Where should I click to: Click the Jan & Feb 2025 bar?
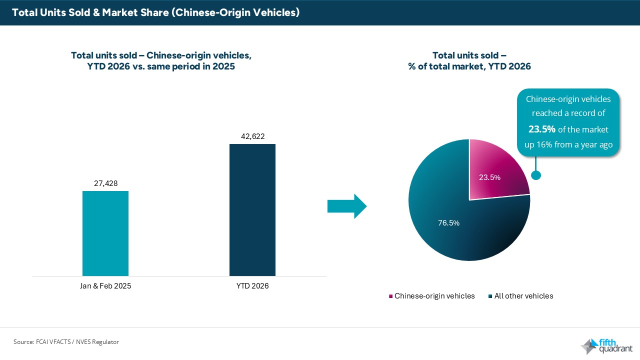[x=105, y=233]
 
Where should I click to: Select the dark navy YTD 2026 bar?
[x=252, y=210]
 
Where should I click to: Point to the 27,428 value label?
[x=105, y=183]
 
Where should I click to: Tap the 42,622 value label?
[x=252, y=136]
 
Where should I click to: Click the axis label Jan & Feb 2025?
[x=105, y=286]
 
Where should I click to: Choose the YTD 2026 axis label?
[x=252, y=286]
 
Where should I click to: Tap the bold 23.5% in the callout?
[x=542, y=129]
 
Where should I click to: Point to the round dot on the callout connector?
[x=536, y=175]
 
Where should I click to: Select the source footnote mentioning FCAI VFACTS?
[x=66, y=342]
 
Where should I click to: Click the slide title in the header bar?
[x=155, y=12]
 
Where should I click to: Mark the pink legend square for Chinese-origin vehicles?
[x=390, y=296]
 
